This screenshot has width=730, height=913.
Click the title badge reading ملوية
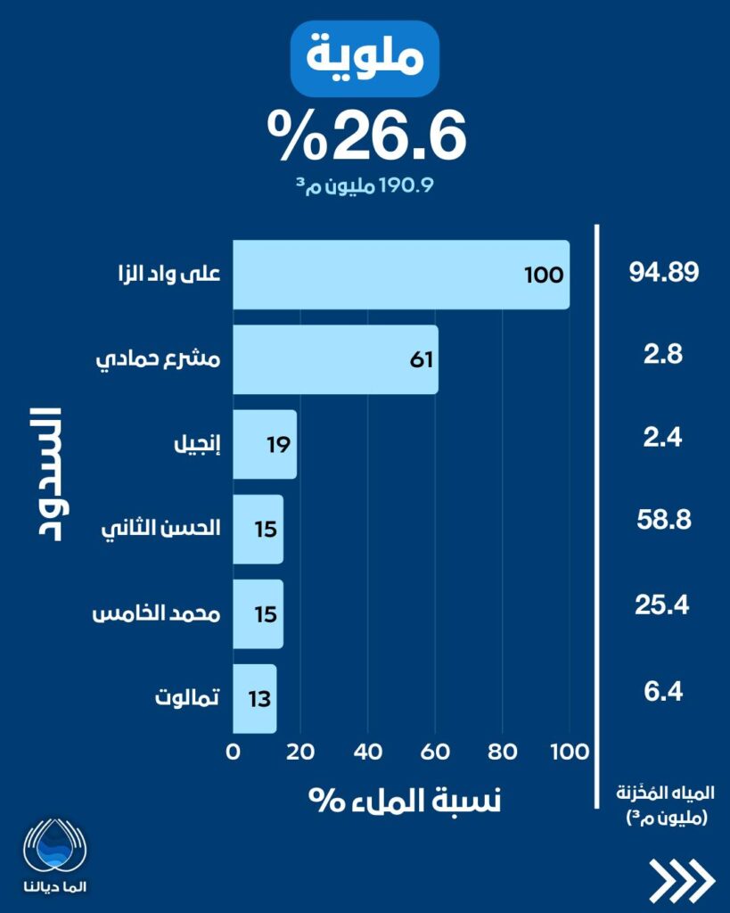365,59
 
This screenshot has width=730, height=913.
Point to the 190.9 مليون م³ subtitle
365,186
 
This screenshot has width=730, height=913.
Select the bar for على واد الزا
400,275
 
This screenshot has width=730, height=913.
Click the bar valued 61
335,359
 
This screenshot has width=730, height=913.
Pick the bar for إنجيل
265,444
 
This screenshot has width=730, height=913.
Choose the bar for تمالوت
255,698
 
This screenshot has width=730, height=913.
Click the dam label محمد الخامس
158,613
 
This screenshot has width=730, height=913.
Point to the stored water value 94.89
661,273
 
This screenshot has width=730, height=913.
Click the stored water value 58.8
664,520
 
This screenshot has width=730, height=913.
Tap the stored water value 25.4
662,606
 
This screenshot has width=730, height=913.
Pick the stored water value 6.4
661,691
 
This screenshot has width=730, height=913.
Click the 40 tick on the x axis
367,751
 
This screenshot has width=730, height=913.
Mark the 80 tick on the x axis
502,751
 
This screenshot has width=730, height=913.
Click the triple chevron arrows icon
682,882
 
